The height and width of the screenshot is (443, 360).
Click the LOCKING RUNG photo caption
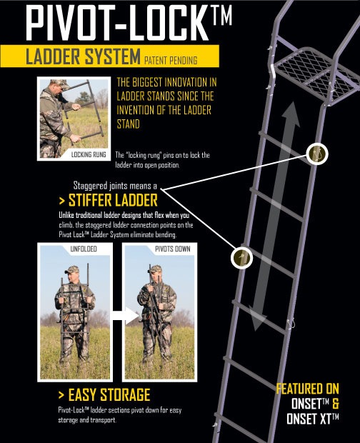coord(89,153)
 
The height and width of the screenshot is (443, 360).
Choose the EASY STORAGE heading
coord(107,394)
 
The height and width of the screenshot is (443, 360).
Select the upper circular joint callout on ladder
coord(318,152)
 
